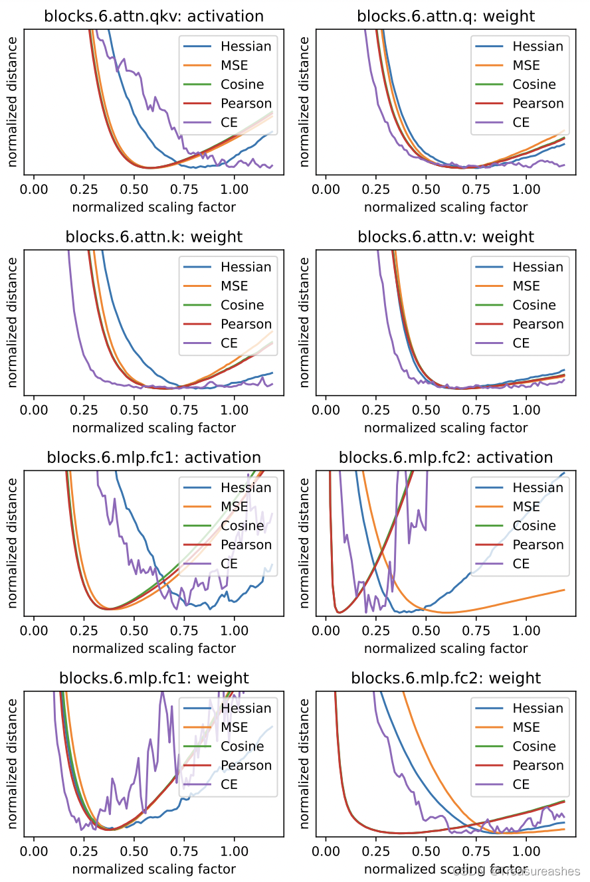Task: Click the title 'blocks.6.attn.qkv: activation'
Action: pyautogui.click(x=153, y=17)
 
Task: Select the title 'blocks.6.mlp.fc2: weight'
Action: pyautogui.click(x=446, y=678)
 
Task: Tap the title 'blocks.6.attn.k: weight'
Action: pyautogui.click(x=153, y=237)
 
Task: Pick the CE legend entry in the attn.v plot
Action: pyautogui.click(x=521, y=343)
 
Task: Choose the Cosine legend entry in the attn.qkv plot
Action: pyautogui.click(x=243, y=84)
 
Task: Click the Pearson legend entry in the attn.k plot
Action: pyautogui.click(x=246, y=324)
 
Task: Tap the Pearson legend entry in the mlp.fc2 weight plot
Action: pyautogui.click(x=538, y=765)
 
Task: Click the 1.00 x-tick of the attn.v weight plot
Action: pyautogui.click(x=526, y=409)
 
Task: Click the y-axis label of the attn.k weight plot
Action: pyautogui.click(x=13, y=323)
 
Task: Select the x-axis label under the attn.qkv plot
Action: pyautogui.click(x=153, y=207)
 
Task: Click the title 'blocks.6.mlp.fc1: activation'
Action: pyautogui.click(x=153, y=458)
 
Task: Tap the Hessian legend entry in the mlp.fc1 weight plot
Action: pyautogui.click(x=246, y=708)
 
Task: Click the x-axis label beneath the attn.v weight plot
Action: pyautogui.click(x=446, y=427)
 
